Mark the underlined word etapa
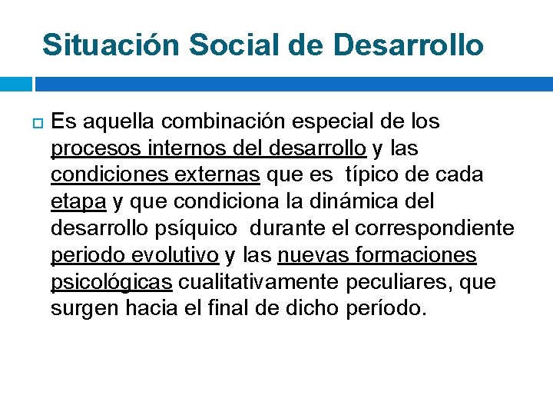[x=78, y=202]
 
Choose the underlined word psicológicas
[x=111, y=283]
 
